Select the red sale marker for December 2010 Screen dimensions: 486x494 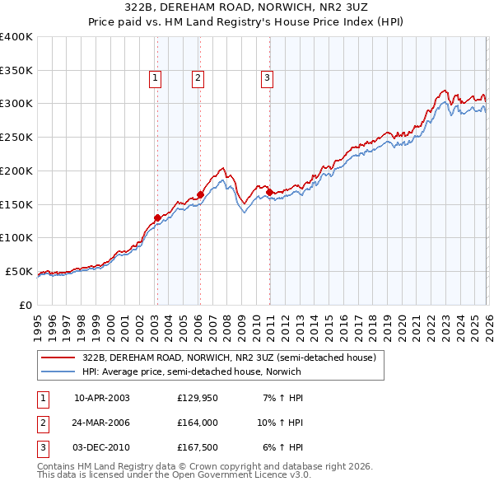point(269,192)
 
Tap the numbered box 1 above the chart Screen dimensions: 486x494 point(156,78)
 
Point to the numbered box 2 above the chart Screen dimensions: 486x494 point(198,78)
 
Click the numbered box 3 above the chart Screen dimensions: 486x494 point(268,78)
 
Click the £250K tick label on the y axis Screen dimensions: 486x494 point(16,137)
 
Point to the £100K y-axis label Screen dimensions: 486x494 point(16,237)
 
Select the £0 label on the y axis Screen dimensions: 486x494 point(25,305)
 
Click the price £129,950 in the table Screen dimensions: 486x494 point(198,398)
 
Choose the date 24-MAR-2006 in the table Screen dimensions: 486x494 point(102,423)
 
